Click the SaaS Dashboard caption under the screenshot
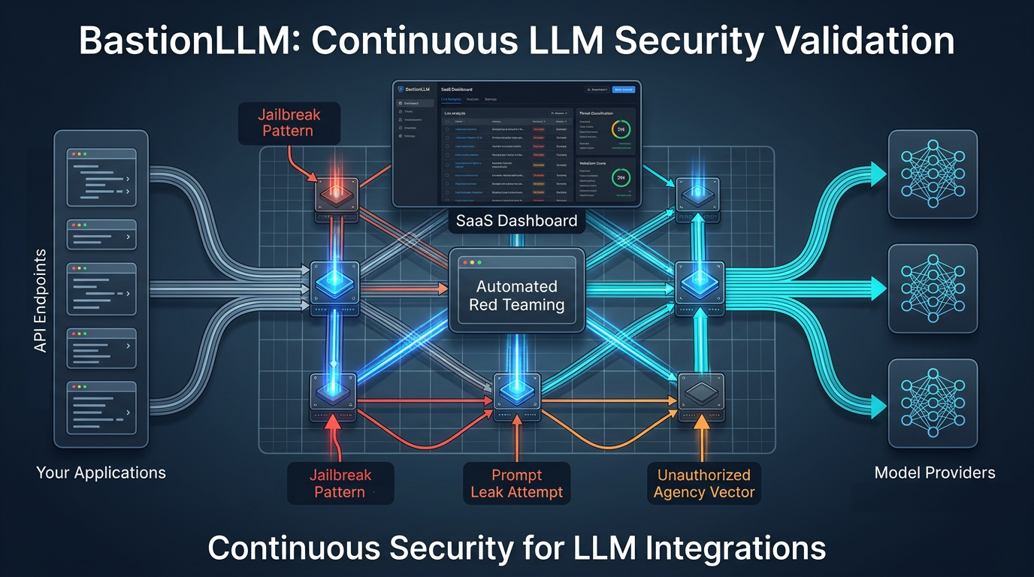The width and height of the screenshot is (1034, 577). (516, 220)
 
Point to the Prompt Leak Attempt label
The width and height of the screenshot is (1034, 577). (516, 484)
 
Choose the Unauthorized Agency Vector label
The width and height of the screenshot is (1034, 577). (703, 484)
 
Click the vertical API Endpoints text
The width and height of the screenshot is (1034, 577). (41, 301)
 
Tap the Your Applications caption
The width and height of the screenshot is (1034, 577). (101, 473)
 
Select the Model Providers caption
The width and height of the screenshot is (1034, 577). (934, 473)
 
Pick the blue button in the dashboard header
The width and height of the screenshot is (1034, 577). (623, 89)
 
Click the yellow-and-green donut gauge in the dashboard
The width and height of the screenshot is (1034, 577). (621, 129)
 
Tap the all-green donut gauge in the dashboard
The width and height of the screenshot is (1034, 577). (621, 177)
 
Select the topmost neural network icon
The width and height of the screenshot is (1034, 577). (933, 174)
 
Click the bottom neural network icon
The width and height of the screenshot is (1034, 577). (933, 403)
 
